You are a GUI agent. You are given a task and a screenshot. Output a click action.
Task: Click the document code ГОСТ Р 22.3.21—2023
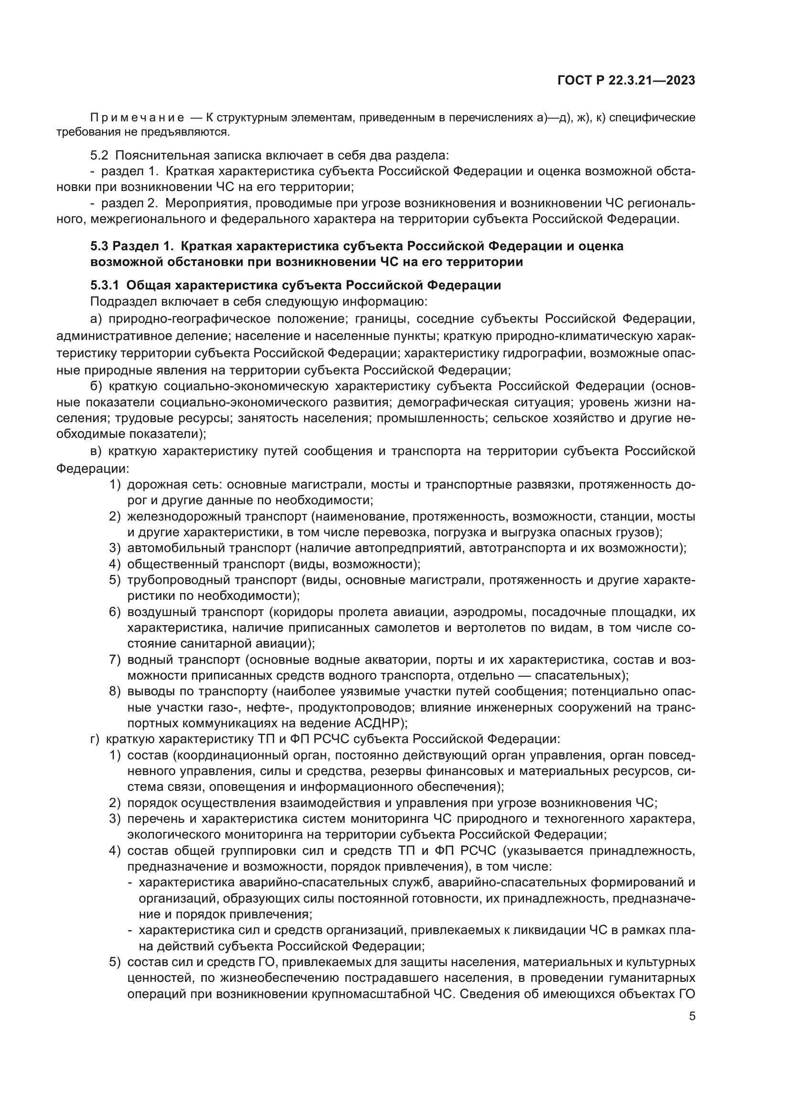point(626,81)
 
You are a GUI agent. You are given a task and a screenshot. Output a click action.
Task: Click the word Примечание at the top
point(137,117)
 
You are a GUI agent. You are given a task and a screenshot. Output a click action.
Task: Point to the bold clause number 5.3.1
point(105,285)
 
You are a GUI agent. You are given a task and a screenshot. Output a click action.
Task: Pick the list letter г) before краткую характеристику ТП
point(95,739)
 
